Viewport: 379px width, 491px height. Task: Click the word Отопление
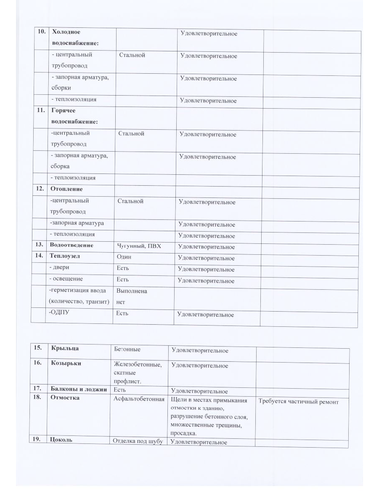[66, 189]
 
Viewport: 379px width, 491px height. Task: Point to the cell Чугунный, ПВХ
[137, 246]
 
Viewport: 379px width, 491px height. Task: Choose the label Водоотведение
[71, 245]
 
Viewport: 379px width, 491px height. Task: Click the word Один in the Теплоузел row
[124, 257]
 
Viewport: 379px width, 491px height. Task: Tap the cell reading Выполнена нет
[132, 296]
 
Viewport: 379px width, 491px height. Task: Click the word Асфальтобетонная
[139, 399]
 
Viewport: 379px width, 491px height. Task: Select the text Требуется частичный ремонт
[298, 402]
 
